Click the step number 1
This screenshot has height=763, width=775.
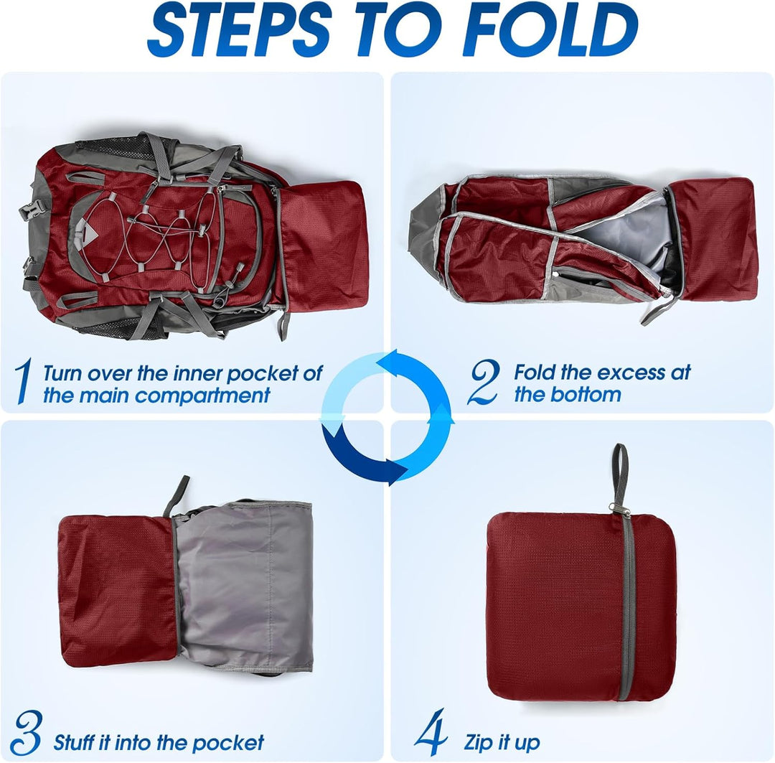[x=23, y=383]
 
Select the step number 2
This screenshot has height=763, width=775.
[x=482, y=383]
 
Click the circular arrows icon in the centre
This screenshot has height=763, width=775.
[x=387, y=416]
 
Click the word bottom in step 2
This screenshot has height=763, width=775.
[x=588, y=394]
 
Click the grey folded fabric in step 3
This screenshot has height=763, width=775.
[x=244, y=581]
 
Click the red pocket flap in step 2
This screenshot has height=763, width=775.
[x=716, y=237]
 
